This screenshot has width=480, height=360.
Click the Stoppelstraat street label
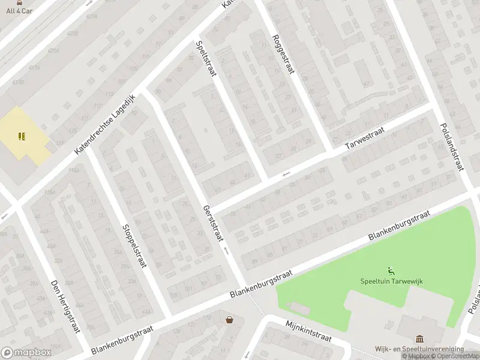pos(134,246)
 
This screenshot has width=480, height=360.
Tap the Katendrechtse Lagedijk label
pos(106,125)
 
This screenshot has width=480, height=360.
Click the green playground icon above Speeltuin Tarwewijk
pos(391,271)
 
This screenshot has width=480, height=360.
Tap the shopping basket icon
pos(229,320)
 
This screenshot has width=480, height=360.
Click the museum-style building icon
pos(419,340)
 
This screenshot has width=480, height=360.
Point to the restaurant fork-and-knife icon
pos(22,136)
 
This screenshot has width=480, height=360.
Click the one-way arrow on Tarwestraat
pos(286,174)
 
